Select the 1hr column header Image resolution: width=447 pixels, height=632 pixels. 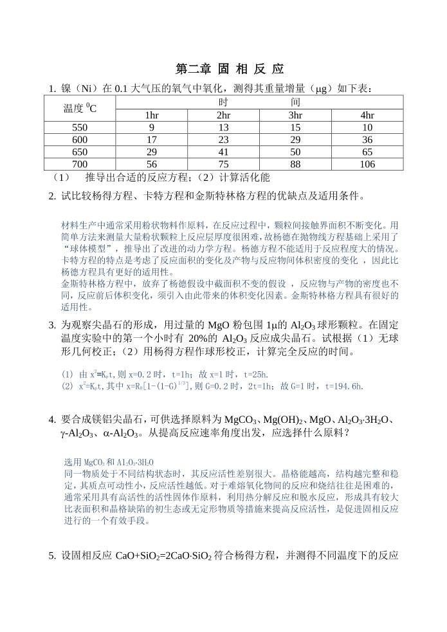(x=152, y=115)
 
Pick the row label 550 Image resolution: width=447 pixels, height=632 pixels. (x=80, y=127)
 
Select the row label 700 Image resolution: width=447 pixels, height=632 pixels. (x=80, y=164)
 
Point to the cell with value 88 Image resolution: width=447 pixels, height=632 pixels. (x=295, y=164)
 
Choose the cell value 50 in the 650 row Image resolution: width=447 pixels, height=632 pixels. (x=295, y=152)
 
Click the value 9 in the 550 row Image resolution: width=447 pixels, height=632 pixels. (x=152, y=127)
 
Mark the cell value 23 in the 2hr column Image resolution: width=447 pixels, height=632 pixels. (x=223, y=140)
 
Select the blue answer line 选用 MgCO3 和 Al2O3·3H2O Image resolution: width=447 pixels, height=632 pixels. (x=109, y=462)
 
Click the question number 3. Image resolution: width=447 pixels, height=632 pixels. (x=52, y=326)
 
